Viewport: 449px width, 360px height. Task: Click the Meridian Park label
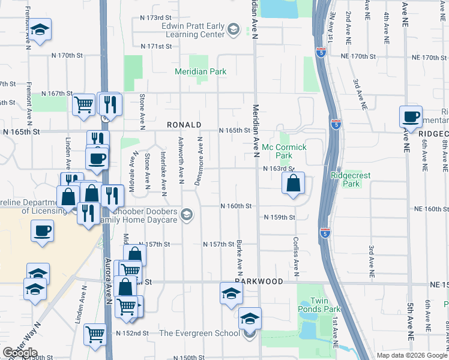point(200,71)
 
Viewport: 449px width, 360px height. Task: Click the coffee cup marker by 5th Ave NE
point(411,117)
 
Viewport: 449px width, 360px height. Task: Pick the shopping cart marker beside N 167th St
point(83,104)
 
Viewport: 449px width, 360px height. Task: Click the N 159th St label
point(280,217)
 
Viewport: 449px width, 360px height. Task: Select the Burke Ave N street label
point(239,254)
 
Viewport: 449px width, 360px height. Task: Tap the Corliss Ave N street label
point(296,248)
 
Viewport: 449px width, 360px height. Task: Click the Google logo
point(20,353)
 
